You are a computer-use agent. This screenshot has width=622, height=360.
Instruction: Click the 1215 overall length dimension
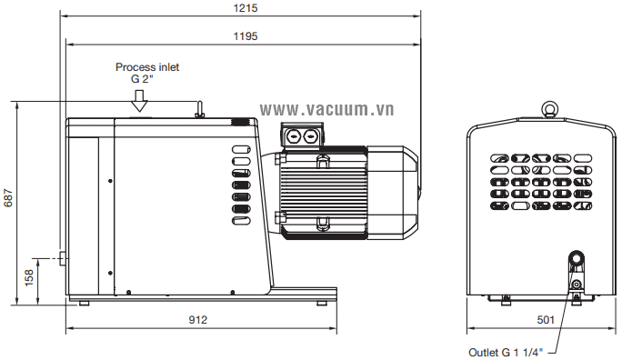coord(246,8)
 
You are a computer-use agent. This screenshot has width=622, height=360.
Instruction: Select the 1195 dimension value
coord(246,36)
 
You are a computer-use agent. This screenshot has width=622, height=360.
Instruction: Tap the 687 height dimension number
coord(8,198)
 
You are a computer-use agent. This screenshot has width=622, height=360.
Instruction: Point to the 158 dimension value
coord(29,278)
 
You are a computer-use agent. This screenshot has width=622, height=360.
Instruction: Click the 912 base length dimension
coord(197,320)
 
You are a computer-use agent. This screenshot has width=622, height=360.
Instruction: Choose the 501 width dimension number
coord(546,320)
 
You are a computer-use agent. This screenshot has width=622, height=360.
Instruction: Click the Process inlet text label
coord(147,67)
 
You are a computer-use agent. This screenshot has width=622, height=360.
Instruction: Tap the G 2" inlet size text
coord(142,79)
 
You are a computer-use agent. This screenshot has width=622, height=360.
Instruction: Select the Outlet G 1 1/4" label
coord(505,353)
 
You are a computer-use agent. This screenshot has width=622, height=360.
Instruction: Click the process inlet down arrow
coord(139,101)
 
